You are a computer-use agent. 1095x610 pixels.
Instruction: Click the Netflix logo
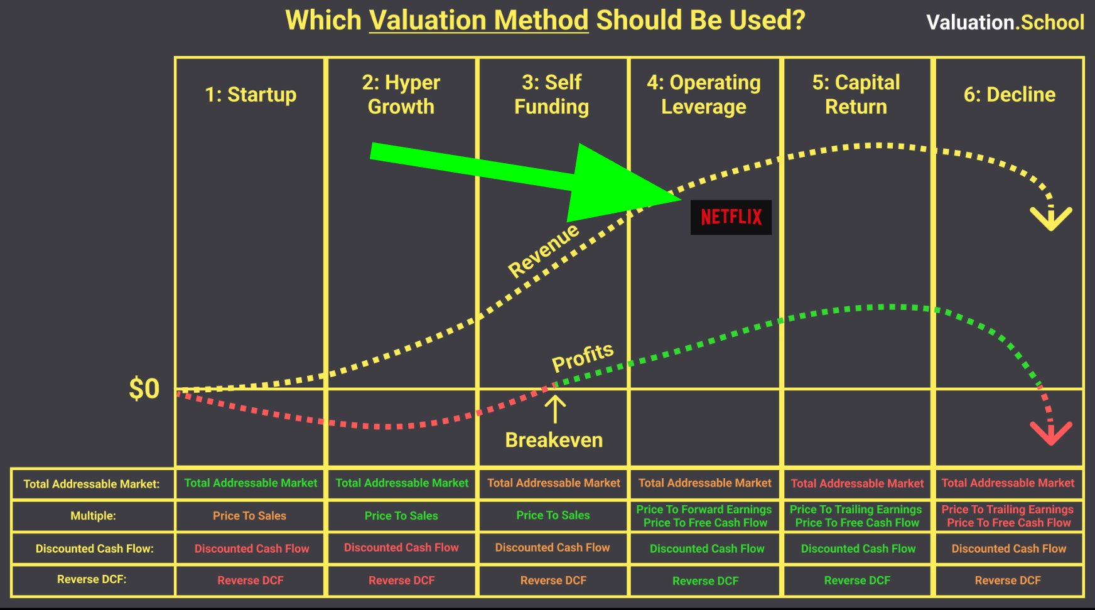point(731,217)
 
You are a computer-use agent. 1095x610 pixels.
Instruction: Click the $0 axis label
point(144,388)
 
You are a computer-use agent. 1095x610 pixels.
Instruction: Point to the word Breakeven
point(554,440)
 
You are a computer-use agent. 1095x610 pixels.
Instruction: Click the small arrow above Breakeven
point(555,409)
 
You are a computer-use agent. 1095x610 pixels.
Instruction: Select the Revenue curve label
point(544,250)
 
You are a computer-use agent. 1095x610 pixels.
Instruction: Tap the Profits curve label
point(583,357)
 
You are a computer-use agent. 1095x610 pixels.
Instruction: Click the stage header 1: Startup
point(251,94)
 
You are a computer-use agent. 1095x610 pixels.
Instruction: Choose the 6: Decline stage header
point(1010,94)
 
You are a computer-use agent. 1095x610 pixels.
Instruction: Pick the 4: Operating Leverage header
point(704,94)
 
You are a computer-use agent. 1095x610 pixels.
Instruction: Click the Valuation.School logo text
point(1005,23)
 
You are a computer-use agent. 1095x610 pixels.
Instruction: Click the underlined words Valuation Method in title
point(478,20)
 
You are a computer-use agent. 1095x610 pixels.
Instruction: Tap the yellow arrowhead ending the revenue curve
point(1051,217)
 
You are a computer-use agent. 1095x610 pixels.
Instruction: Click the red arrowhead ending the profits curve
point(1051,432)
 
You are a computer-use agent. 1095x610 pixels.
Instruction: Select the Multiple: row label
point(93,516)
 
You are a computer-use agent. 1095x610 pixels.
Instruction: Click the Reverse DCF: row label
point(92,579)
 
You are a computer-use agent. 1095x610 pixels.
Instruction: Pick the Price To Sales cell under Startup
point(249,516)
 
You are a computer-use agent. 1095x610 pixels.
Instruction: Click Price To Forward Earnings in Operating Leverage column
point(704,509)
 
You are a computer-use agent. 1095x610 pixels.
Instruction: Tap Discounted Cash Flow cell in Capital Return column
point(858,548)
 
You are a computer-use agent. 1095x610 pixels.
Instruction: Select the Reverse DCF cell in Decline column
point(1008,581)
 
